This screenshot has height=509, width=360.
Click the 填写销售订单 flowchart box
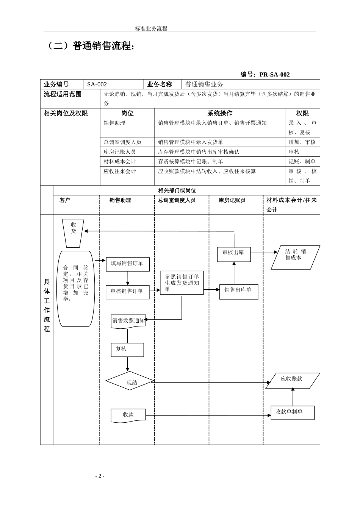(128, 264)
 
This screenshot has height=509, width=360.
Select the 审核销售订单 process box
(127, 292)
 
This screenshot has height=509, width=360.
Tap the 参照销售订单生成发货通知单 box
(182, 283)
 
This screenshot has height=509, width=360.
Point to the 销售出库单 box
(238, 292)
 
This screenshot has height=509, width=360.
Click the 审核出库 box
(234, 254)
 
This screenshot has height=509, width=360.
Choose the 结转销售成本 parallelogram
(295, 258)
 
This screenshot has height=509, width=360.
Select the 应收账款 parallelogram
(292, 381)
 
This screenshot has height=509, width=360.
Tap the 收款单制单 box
(292, 412)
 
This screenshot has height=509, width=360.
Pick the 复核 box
(127, 350)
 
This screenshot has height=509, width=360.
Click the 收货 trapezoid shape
(73, 233)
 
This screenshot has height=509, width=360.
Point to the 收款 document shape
(128, 415)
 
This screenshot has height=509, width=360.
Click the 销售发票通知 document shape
(128, 321)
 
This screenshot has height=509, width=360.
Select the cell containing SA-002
(114, 84)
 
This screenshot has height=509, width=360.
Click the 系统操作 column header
(219, 113)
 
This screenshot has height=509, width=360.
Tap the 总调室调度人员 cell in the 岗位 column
(127, 142)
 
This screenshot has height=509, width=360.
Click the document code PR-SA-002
(274, 75)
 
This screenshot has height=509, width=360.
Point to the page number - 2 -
(100, 476)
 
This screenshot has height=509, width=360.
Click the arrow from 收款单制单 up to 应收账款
(293, 397)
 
